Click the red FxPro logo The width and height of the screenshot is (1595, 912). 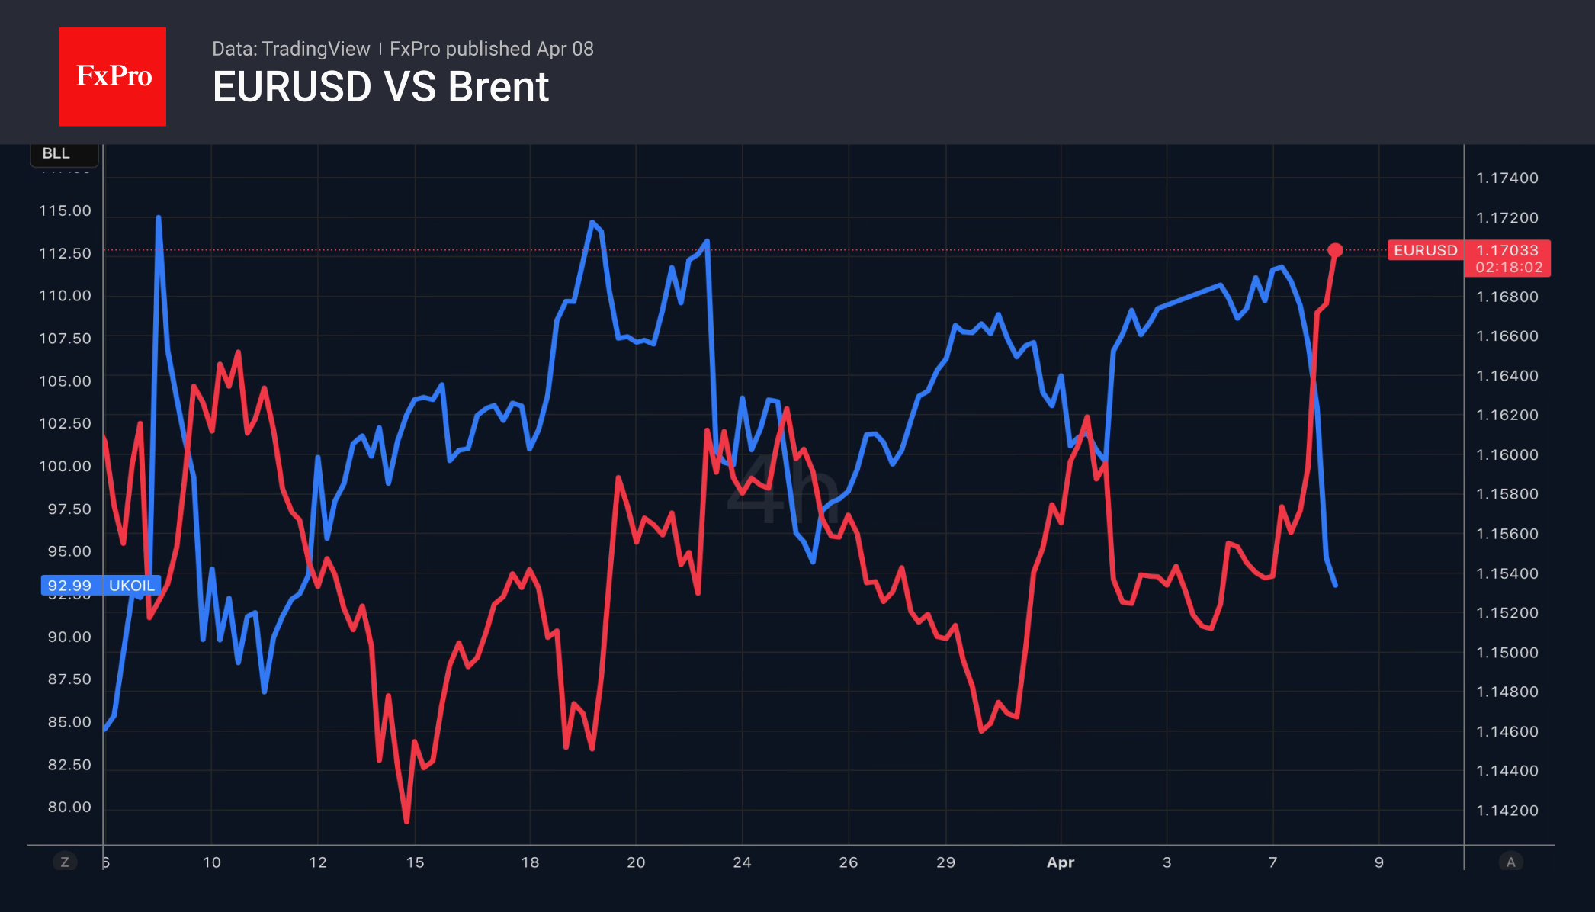113,76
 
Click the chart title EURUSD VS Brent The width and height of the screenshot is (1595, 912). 380,87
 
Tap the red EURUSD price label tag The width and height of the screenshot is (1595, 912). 1425,250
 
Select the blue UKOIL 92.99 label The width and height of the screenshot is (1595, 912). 101,586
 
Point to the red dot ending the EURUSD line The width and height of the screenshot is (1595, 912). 1335,250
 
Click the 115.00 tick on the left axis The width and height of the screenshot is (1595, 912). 65,210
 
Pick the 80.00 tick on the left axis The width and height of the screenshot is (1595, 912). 69,807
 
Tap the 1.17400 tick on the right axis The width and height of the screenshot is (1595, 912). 1507,178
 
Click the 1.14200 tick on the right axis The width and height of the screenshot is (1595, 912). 1507,811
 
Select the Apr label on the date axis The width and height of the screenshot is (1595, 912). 1060,862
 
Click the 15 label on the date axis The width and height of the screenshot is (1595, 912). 415,862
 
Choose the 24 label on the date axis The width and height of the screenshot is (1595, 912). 742,862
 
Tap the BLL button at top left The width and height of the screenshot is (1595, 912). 56,153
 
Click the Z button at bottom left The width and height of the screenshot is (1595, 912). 65,862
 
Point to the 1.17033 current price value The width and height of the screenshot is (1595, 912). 1507,250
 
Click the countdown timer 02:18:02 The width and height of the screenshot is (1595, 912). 1508,268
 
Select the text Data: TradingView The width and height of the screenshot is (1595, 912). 290,49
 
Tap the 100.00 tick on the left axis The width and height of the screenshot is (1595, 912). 65,466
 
